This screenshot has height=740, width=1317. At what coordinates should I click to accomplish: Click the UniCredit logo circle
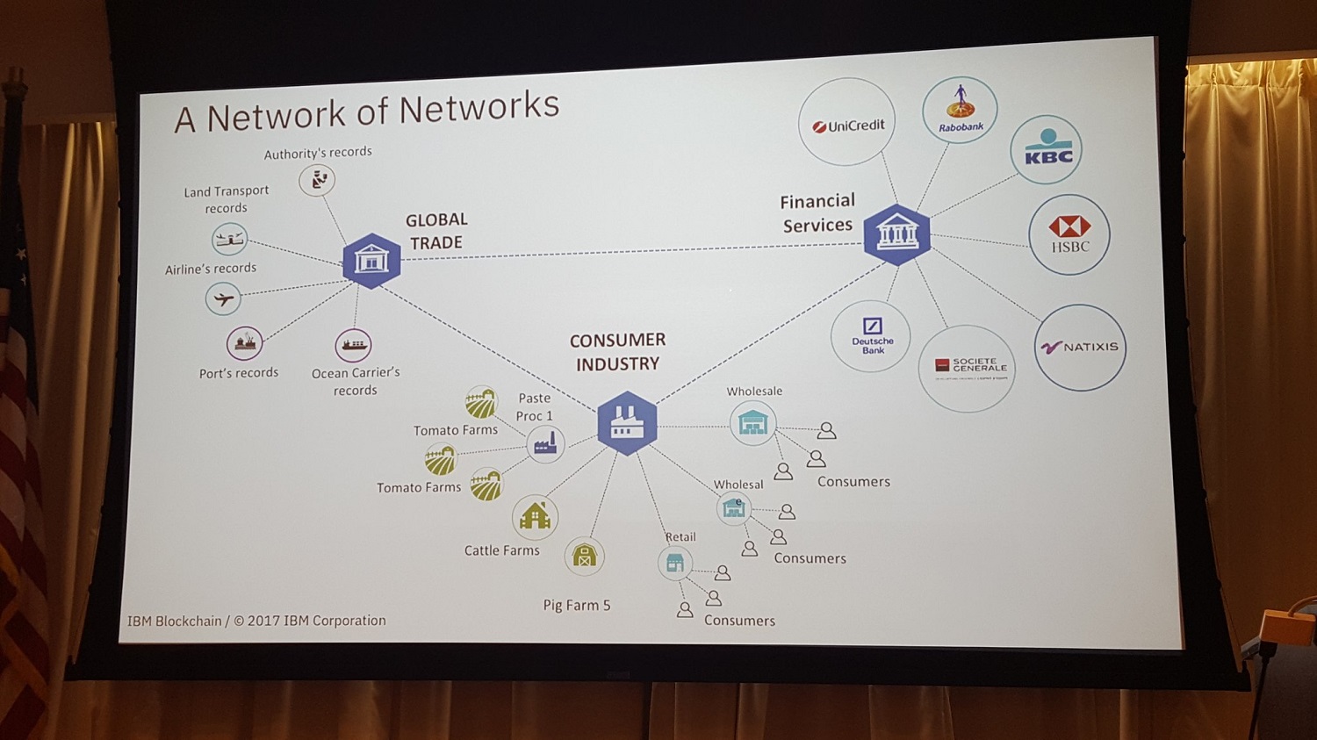point(847,122)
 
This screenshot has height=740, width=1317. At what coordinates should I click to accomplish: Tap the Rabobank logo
point(960,111)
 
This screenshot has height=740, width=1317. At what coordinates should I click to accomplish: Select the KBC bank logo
point(1047,149)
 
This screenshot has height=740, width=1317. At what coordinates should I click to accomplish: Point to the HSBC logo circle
point(1069,234)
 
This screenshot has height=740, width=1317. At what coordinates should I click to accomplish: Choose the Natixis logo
point(1080,348)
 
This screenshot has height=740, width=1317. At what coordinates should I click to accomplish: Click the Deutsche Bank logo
point(871,335)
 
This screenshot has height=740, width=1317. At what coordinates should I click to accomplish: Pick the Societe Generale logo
point(967,368)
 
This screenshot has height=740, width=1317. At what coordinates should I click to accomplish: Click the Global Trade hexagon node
point(371,261)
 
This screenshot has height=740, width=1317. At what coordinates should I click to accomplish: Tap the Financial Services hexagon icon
point(896,234)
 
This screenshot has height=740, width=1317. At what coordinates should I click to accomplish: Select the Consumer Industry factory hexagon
point(627,423)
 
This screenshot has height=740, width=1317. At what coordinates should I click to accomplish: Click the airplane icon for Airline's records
point(224,299)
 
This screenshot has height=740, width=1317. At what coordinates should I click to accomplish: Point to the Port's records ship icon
point(245,344)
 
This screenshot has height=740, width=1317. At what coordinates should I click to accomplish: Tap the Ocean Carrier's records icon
point(354,345)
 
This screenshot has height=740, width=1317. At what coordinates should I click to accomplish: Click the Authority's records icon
point(318,180)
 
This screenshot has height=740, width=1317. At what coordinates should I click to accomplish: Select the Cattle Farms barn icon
point(535,516)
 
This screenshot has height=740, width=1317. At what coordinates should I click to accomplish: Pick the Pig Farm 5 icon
point(584,556)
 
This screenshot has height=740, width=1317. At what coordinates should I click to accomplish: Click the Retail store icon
point(675,563)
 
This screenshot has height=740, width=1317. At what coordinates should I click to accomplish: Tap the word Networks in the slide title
point(479,109)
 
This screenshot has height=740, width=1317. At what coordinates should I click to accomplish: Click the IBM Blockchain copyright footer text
point(256,621)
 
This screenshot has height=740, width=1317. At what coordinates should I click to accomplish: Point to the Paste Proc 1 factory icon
point(545,444)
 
